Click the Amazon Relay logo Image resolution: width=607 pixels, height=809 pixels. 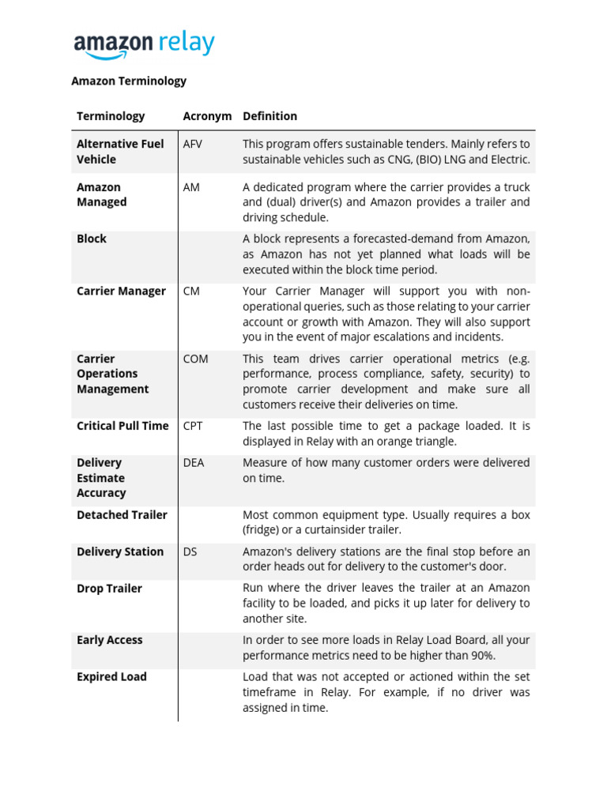point(144,44)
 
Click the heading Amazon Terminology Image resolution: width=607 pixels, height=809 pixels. point(129,81)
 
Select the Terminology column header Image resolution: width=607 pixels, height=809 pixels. point(111,116)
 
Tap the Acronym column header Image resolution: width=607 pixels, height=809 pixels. point(207,116)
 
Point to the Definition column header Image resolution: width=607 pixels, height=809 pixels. point(270,116)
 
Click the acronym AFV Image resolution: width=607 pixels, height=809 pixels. point(193,144)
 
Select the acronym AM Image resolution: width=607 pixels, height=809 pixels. point(191,187)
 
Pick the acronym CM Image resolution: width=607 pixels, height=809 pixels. point(191,291)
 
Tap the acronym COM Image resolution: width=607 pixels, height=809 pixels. point(195,359)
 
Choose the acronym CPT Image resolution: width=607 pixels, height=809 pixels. point(193,426)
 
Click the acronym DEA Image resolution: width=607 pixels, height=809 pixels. point(194,463)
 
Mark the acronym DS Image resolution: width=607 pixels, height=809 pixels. point(190,551)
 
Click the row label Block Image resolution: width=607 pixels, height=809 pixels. point(92,239)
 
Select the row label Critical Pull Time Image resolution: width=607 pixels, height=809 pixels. point(123,426)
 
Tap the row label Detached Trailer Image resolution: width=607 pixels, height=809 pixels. point(122,515)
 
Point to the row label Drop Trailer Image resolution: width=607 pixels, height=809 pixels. point(109,589)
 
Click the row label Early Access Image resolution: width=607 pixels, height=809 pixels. point(109,640)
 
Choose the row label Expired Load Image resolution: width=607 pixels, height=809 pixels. point(111,677)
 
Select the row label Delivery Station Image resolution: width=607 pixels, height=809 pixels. point(120,551)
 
